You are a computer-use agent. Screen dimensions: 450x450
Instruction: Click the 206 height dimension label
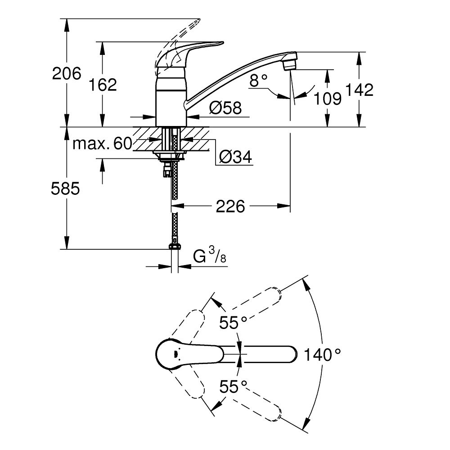[67, 73]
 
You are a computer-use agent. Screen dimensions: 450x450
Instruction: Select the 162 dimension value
[103, 84]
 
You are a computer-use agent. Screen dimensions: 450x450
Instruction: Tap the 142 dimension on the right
[360, 90]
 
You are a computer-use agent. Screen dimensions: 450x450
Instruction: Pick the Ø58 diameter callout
[225, 108]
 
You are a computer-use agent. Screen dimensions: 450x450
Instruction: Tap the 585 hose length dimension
[66, 189]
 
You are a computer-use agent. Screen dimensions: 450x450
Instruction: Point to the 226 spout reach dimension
[230, 207]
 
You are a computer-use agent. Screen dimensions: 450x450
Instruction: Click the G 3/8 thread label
[210, 257]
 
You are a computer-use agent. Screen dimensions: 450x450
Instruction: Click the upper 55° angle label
[233, 322]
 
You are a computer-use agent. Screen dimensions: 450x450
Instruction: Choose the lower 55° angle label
[233, 387]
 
